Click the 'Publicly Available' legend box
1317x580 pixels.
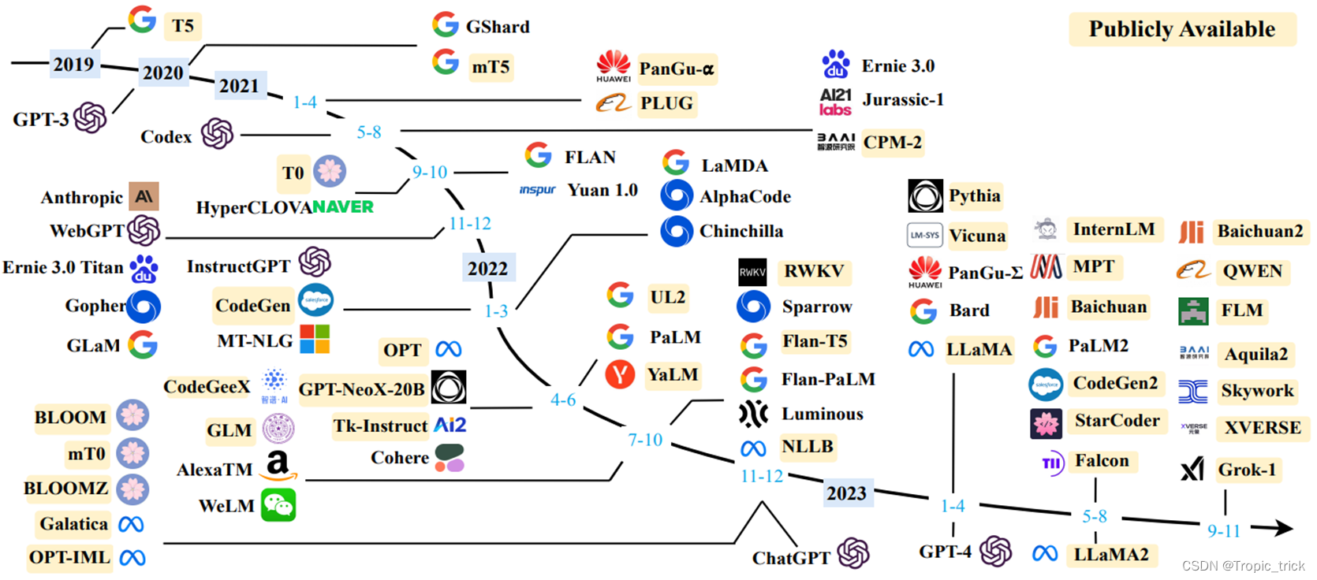tap(1181, 29)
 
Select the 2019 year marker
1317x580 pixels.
tap(73, 64)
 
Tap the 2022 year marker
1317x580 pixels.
tap(488, 268)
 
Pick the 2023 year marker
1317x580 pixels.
tap(846, 493)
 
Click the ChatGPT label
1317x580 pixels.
tap(791, 558)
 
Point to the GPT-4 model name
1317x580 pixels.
tap(945, 552)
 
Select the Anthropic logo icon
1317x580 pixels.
tap(144, 196)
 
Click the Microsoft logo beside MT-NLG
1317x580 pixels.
tap(315, 340)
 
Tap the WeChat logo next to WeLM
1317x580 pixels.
tap(278, 505)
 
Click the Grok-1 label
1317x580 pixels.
tap(1247, 470)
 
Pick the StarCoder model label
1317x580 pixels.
tap(1117, 421)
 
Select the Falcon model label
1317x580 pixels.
tap(1102, 460)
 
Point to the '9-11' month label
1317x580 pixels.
tap(1224, 531)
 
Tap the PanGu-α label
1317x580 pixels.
tap(677, 69)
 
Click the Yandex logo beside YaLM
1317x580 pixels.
tap(620, 374)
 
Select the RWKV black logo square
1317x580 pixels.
tap(752, 272)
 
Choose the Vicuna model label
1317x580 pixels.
tap(977, 236)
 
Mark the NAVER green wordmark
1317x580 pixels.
tap(343, 207)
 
